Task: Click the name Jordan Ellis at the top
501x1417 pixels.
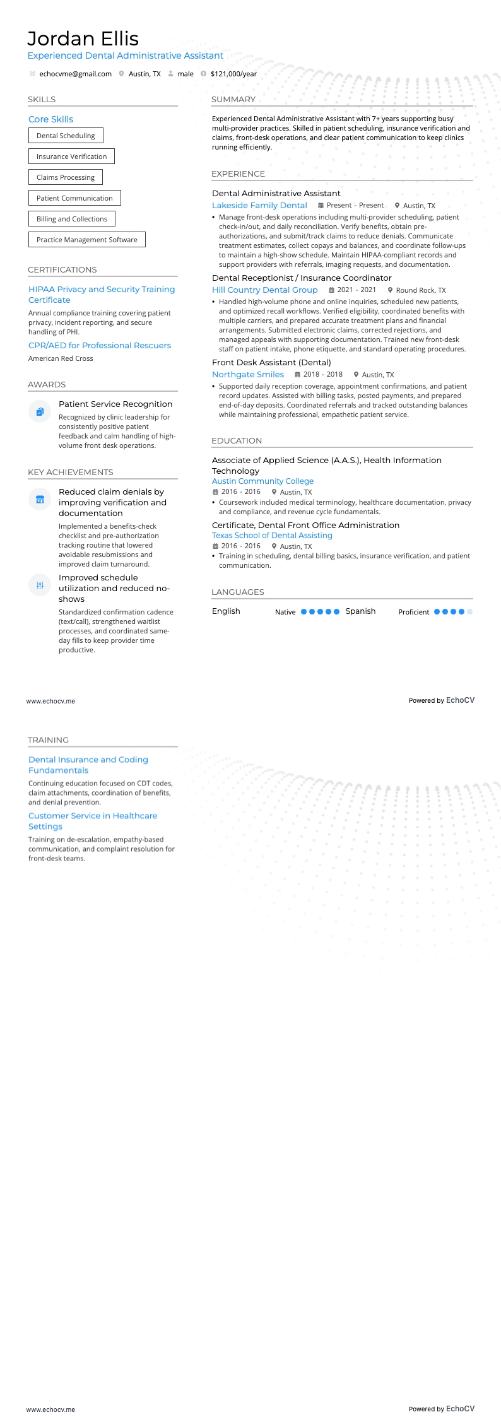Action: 83,38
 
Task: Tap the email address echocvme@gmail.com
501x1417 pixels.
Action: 75,74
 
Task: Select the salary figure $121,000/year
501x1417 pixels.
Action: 233,74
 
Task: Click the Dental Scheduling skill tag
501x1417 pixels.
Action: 66,136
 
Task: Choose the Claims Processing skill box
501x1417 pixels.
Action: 66,177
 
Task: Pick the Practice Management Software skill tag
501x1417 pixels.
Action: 86,240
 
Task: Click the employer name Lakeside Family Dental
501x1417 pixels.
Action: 259,206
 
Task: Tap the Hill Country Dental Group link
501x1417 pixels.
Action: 264,290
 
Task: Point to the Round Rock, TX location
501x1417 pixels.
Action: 420,290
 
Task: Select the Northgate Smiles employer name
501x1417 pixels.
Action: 248,375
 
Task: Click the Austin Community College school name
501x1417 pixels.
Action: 262,481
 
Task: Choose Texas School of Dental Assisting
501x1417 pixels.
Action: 272,536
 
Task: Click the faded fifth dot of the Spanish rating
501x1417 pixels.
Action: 470,611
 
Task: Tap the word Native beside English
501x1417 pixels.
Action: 285,612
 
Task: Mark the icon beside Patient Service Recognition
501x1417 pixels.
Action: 40,412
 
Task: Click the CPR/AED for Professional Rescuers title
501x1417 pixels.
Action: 100,346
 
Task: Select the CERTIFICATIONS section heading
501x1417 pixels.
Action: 62,270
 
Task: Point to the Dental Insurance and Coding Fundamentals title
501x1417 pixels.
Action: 88,765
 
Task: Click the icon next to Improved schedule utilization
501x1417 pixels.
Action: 40,585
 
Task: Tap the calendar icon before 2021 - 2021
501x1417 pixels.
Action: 332,290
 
